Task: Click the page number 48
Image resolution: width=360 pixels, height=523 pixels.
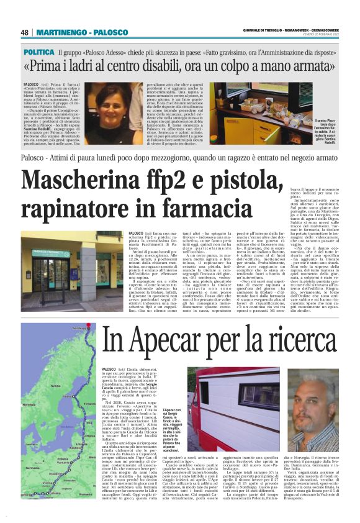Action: [x=25, y=32]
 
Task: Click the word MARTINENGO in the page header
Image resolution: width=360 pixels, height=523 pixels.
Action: [x=61, y=32]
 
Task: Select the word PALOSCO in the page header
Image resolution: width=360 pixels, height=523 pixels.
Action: [x=111, y=32]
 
